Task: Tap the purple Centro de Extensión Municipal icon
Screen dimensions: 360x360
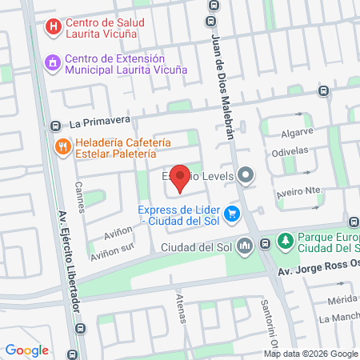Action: [x=53, y=62]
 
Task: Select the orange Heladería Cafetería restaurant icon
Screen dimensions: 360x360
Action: [x=62, y=146]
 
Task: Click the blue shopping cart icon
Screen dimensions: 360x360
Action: [x=232, y=214]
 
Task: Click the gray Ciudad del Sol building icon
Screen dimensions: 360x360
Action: [x=245, y=246]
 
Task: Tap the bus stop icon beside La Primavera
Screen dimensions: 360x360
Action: [x=54, y=125]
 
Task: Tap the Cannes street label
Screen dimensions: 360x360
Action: [x=79, y=191]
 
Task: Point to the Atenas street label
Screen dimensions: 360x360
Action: [x=180, y=308]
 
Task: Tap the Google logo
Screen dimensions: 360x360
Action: [x=26, y=350]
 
